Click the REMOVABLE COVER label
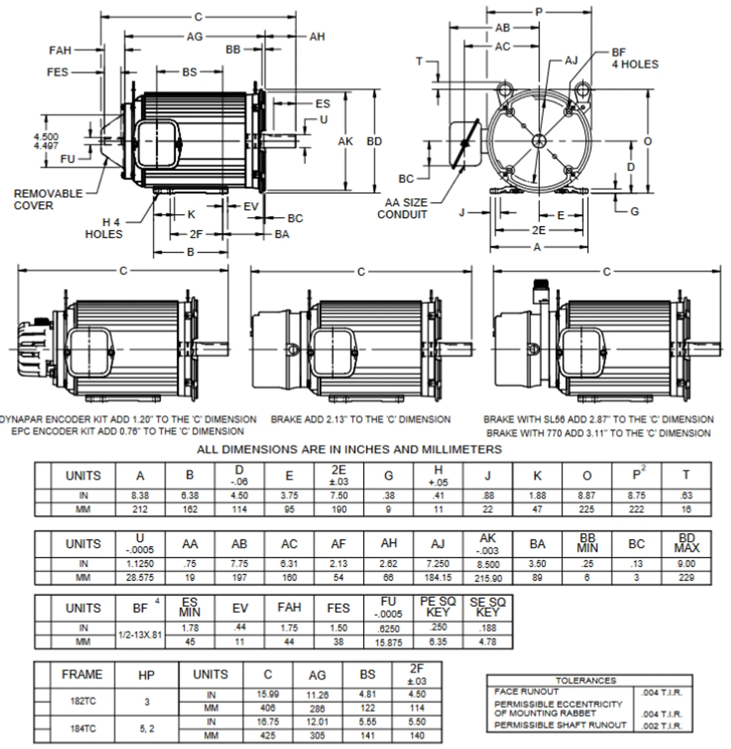click(x=48, y=200)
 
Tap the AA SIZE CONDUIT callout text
click(x=402, y=208)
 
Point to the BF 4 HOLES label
click(x=635, y=59)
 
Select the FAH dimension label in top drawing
click(x=60, y=50)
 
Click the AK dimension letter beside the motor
click(x=346, y=141)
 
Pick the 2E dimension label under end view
click(x=538, y=230)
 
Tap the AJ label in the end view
click(x=571, y=60)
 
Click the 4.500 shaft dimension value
click(x=46, y=137)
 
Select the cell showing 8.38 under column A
click(x=140, y=495)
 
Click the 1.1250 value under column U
click(x=140, y=564)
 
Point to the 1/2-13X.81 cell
click(x=141, y=634)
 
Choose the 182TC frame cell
click(x=83, y=701)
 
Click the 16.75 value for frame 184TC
click(x=268, y=722)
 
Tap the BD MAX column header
click(x=686, y=543)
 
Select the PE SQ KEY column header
click(x=438, y=607)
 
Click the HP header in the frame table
click(x=146, y=675)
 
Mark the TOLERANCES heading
click(x=586, y=681)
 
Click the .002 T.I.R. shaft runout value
click(x=662, y=726)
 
